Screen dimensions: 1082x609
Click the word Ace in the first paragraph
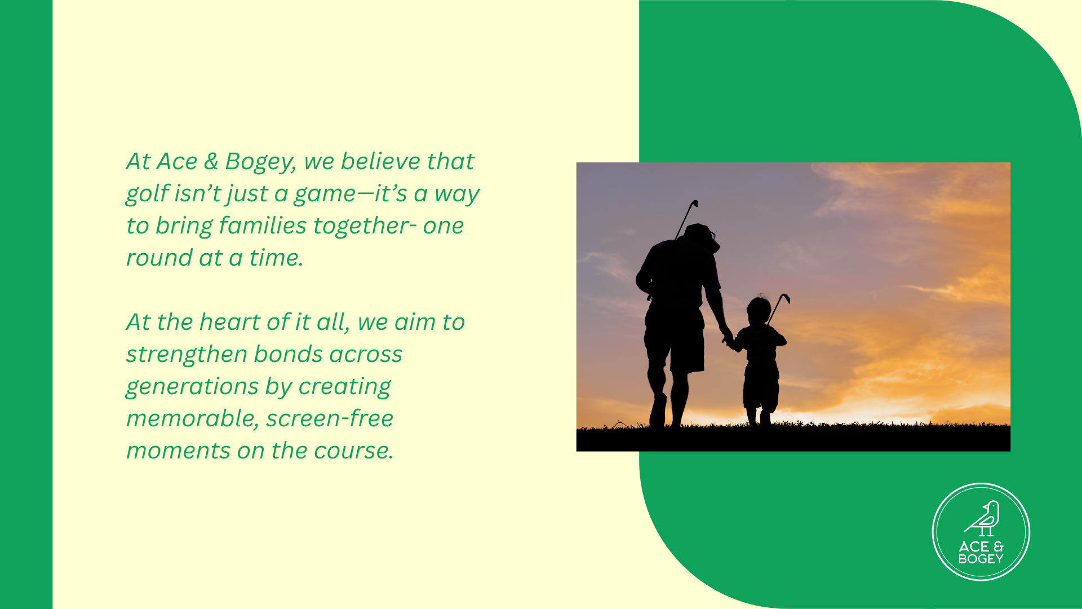click(178, 161)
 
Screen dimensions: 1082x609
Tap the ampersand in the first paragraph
click(211, 161)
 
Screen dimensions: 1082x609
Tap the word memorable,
click(193, 419)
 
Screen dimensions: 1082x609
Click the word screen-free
click(330, 418)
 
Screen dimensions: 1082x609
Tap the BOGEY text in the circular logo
click(981, 559)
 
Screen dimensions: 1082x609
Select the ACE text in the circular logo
click(974, 546)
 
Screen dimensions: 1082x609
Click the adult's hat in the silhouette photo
click(701, 236)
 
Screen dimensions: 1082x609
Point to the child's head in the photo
click(759, 311)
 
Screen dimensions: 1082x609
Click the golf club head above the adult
click(694, 204)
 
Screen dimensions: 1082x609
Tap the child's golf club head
click(785, 298)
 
